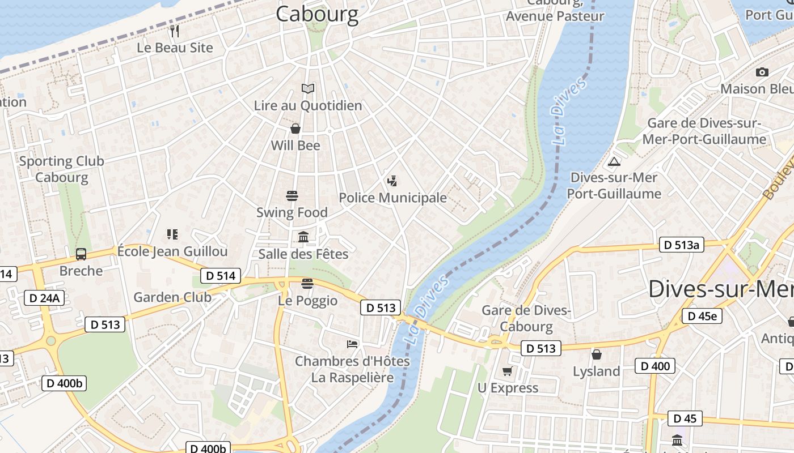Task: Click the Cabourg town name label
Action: [x=317, y=14]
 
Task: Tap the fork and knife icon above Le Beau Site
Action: [x=175, y=31]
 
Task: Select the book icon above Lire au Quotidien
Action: [x=308, y=88]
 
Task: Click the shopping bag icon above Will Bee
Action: [x=295, y=129]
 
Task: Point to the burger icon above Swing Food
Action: [x=292, y=196]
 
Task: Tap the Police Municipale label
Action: [x=392, y=198]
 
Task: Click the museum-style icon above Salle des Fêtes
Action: [x=303, y=237]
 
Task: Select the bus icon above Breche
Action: [x=81, y=254]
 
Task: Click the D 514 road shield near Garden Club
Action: [x=221, y=276]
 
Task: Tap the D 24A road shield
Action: [x=44, y=298]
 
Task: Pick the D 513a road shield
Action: [x=681, y=245]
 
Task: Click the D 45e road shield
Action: [x=702, y=316]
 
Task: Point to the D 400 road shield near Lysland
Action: [x=655, y=366]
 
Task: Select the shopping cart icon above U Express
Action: [x=507, y=371]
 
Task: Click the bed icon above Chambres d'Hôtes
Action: [x=352, y=344]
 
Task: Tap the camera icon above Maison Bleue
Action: [x=762, y=72]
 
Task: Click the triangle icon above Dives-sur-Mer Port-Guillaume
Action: [x=614, y=161]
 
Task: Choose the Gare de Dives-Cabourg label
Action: [x=526, y=318]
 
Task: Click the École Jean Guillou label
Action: [x=172, y=251]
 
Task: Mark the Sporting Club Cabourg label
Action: [x=62, y=169]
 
